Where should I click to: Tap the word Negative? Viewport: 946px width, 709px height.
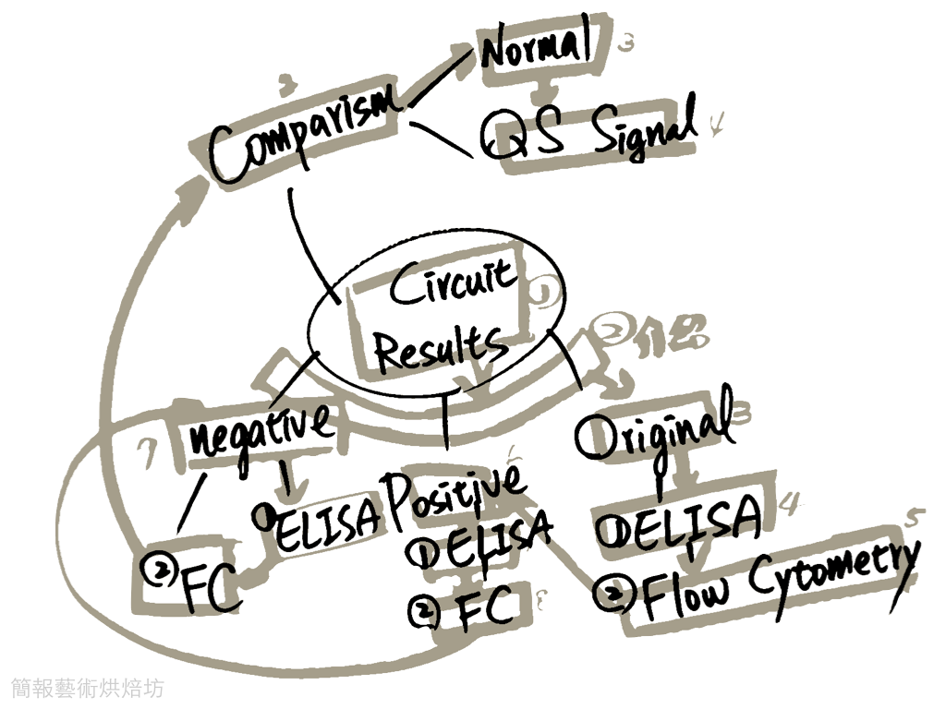260,428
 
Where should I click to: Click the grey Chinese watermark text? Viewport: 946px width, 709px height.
88,688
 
